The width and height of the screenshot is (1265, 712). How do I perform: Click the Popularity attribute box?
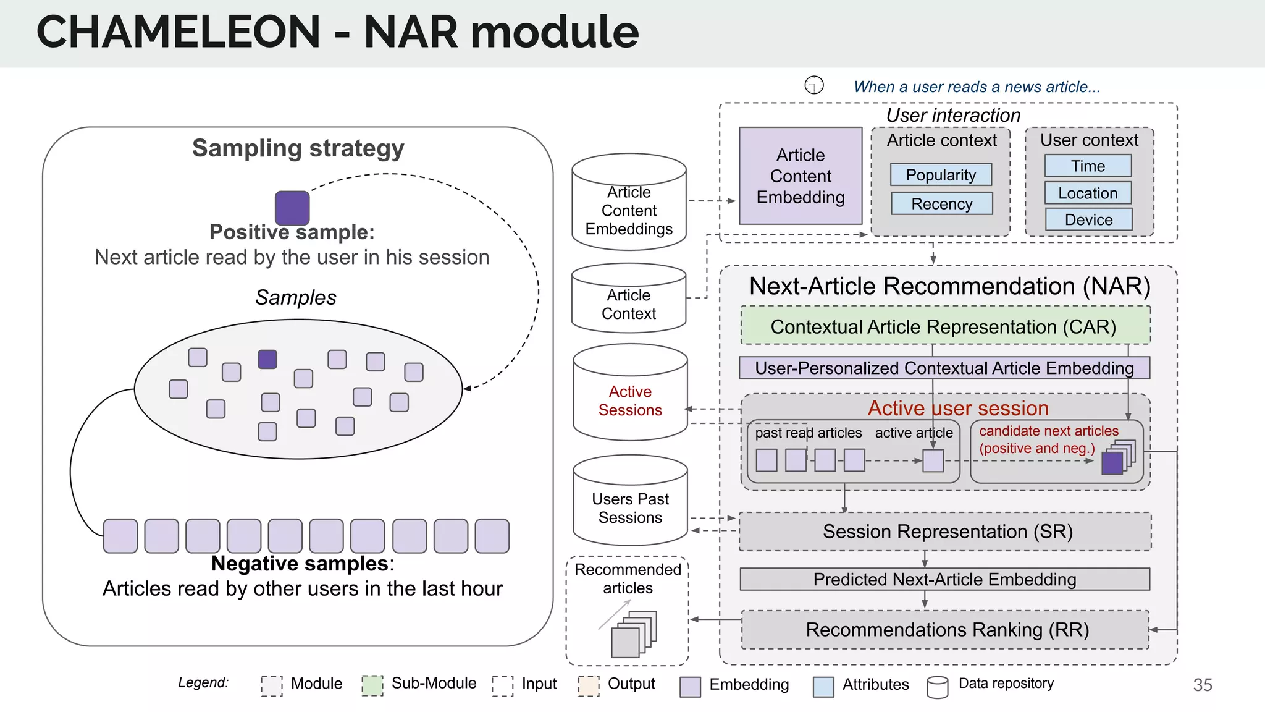(x=941, y=175)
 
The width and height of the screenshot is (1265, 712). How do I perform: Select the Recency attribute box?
(x=941, y=203)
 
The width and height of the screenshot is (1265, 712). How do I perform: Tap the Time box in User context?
(x=1088, y=166)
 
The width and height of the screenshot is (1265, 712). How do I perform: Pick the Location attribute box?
(x=1088, y=193)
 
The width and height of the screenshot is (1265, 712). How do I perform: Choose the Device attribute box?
(x=1088, y=219)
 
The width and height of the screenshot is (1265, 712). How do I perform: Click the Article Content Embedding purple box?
(x=801, y=176)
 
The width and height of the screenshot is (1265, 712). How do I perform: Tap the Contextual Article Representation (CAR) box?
(x=944, y=326)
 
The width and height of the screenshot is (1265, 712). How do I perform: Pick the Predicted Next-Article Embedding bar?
(x=944, y=579)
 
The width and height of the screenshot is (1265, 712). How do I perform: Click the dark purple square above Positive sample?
(x=292, y=208)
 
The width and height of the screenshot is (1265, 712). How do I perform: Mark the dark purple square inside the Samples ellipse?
(x=267, y=359)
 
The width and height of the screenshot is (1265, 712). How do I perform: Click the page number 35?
(x=1202, y=685)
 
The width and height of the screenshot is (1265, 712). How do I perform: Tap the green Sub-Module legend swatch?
(x=372, y=685)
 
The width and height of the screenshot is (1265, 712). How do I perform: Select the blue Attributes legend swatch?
(x=823, y=686)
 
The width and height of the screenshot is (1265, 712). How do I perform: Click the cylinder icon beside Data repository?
(x=937, y=687)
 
